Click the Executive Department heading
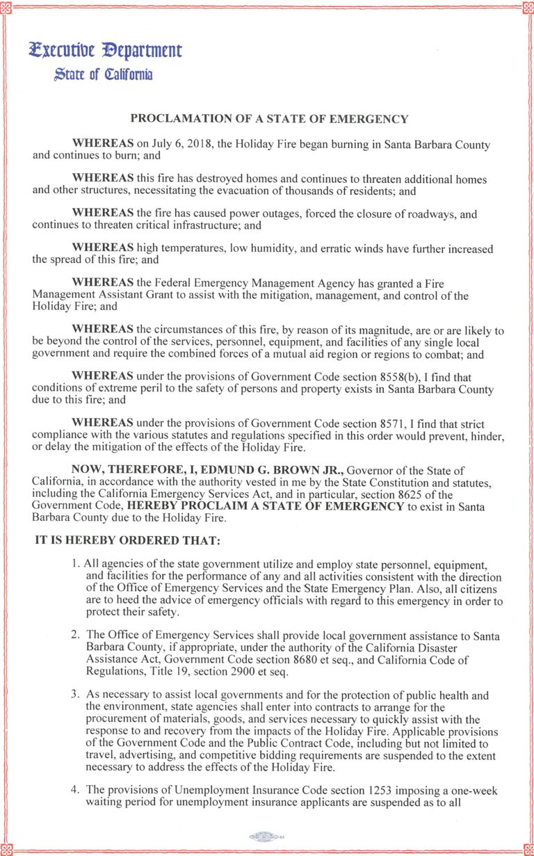pos(105,51)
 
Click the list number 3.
pos(74,695)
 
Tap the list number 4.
pos(74,791)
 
